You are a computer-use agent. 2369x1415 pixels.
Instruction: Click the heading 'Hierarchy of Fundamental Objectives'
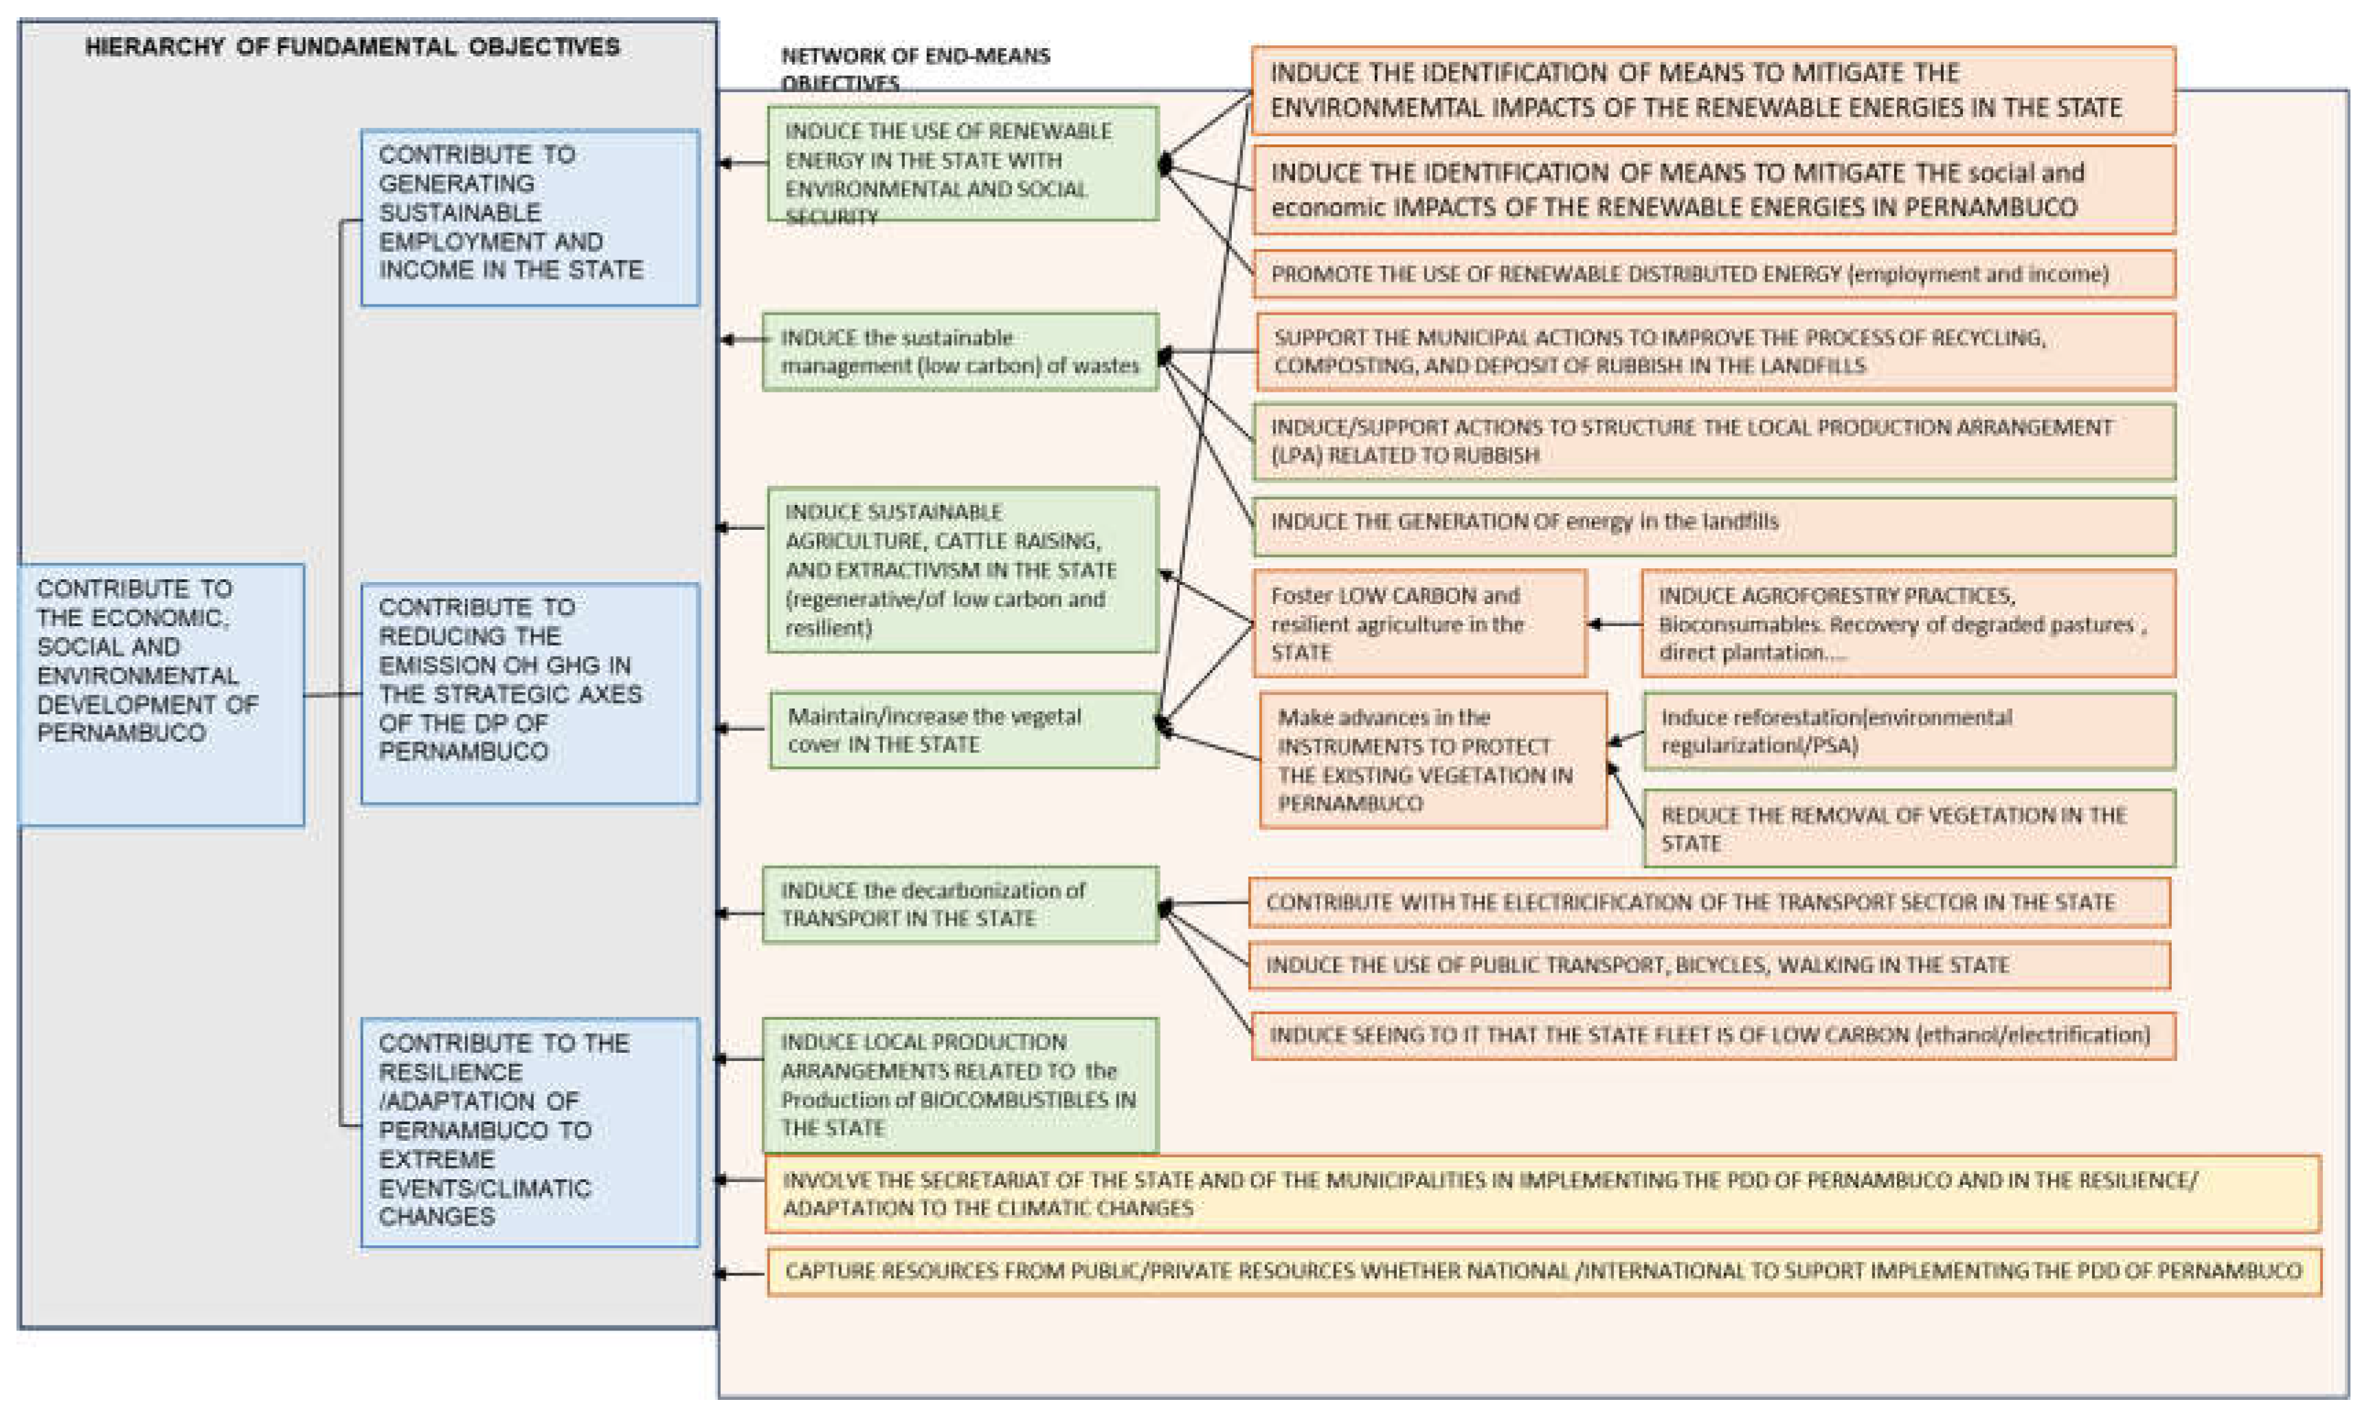coord(352,47)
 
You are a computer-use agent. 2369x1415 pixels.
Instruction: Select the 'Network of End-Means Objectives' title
coord(914,68)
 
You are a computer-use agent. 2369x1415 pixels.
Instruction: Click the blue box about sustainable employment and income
coord(529,216)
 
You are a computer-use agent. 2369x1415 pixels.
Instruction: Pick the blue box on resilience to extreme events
coord(529,1131)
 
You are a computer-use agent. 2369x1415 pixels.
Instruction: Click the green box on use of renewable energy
coord(962,164)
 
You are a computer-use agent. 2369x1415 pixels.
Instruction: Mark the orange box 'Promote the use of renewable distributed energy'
coord(1712,275)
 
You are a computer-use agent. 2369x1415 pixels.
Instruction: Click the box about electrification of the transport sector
coord(1708,902)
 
